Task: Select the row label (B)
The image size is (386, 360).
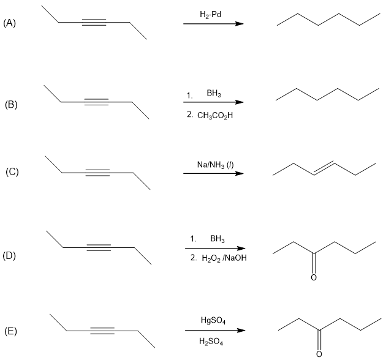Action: [11, 104]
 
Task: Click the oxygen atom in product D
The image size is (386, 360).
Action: [314, 277]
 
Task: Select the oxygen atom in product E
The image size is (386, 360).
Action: [319, 354]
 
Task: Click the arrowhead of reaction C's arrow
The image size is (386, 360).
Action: [239, 174]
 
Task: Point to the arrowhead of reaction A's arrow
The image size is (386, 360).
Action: [239, 24]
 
